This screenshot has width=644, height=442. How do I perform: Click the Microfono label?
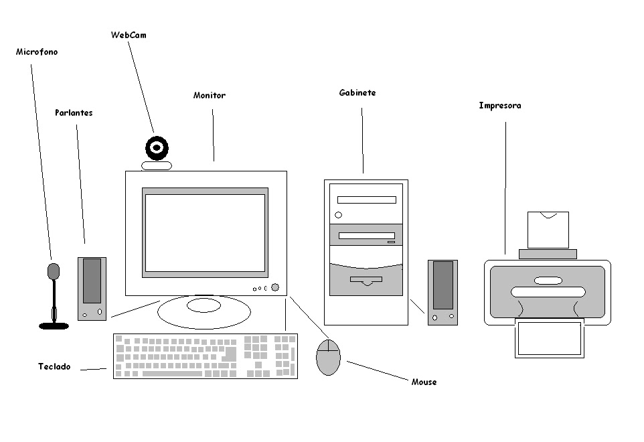pos(37,52)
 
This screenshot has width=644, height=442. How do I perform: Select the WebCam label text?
pos(128,35)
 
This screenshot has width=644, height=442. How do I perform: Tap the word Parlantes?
pos(74,113)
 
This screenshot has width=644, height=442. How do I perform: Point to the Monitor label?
pos(210,96)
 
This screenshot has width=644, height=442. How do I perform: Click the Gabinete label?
pos(357,93)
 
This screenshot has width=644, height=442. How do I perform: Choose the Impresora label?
pos(499,106)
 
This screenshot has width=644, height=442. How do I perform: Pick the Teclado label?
pos(54,367)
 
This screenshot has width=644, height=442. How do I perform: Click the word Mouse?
pos(424,382)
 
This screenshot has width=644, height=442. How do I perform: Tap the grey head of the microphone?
pos(54,271)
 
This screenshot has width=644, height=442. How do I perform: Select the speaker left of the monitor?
pos(92,288)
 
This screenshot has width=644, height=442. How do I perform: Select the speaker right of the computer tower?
pos(442,292)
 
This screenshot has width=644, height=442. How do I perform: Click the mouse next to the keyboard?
pos(328,357)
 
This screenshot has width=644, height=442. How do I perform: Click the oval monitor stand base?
pos(204,310)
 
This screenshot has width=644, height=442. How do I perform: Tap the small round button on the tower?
pos(338,215)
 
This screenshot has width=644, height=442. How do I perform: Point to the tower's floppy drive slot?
pos(366,279)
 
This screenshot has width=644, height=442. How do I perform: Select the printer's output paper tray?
pos(548,338)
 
